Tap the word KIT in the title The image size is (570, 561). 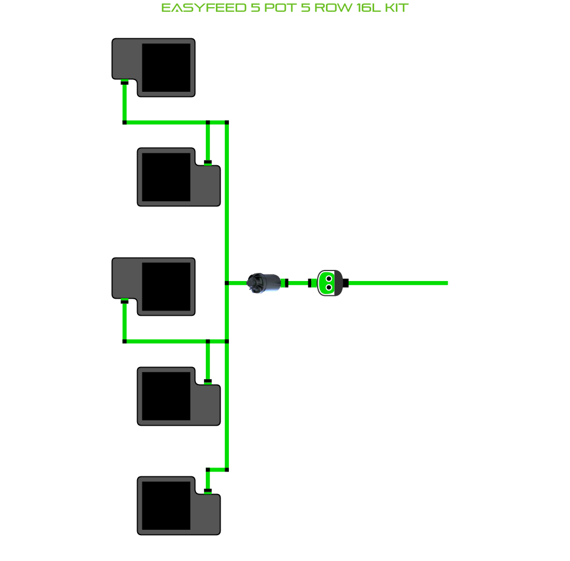pos(395,8)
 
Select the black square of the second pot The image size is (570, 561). pos(166,177)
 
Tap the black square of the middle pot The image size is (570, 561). pos(166,286)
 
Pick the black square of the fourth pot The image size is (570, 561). pos(166,396)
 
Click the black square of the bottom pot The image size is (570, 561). pos(166,506)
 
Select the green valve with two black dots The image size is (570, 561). pos(329,283)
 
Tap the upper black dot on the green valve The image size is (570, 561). pos(329,278)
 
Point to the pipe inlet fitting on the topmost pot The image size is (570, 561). pos(124,83)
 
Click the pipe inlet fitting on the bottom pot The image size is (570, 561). pos(208,490)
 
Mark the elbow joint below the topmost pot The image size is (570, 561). pos(124,122)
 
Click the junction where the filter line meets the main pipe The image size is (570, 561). pos(226,283)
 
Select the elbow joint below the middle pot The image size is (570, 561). pos(124,341)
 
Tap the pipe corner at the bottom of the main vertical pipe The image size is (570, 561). pos(226,469)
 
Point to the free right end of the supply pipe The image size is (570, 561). pos(446,283)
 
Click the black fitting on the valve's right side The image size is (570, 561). pos(346,283)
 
